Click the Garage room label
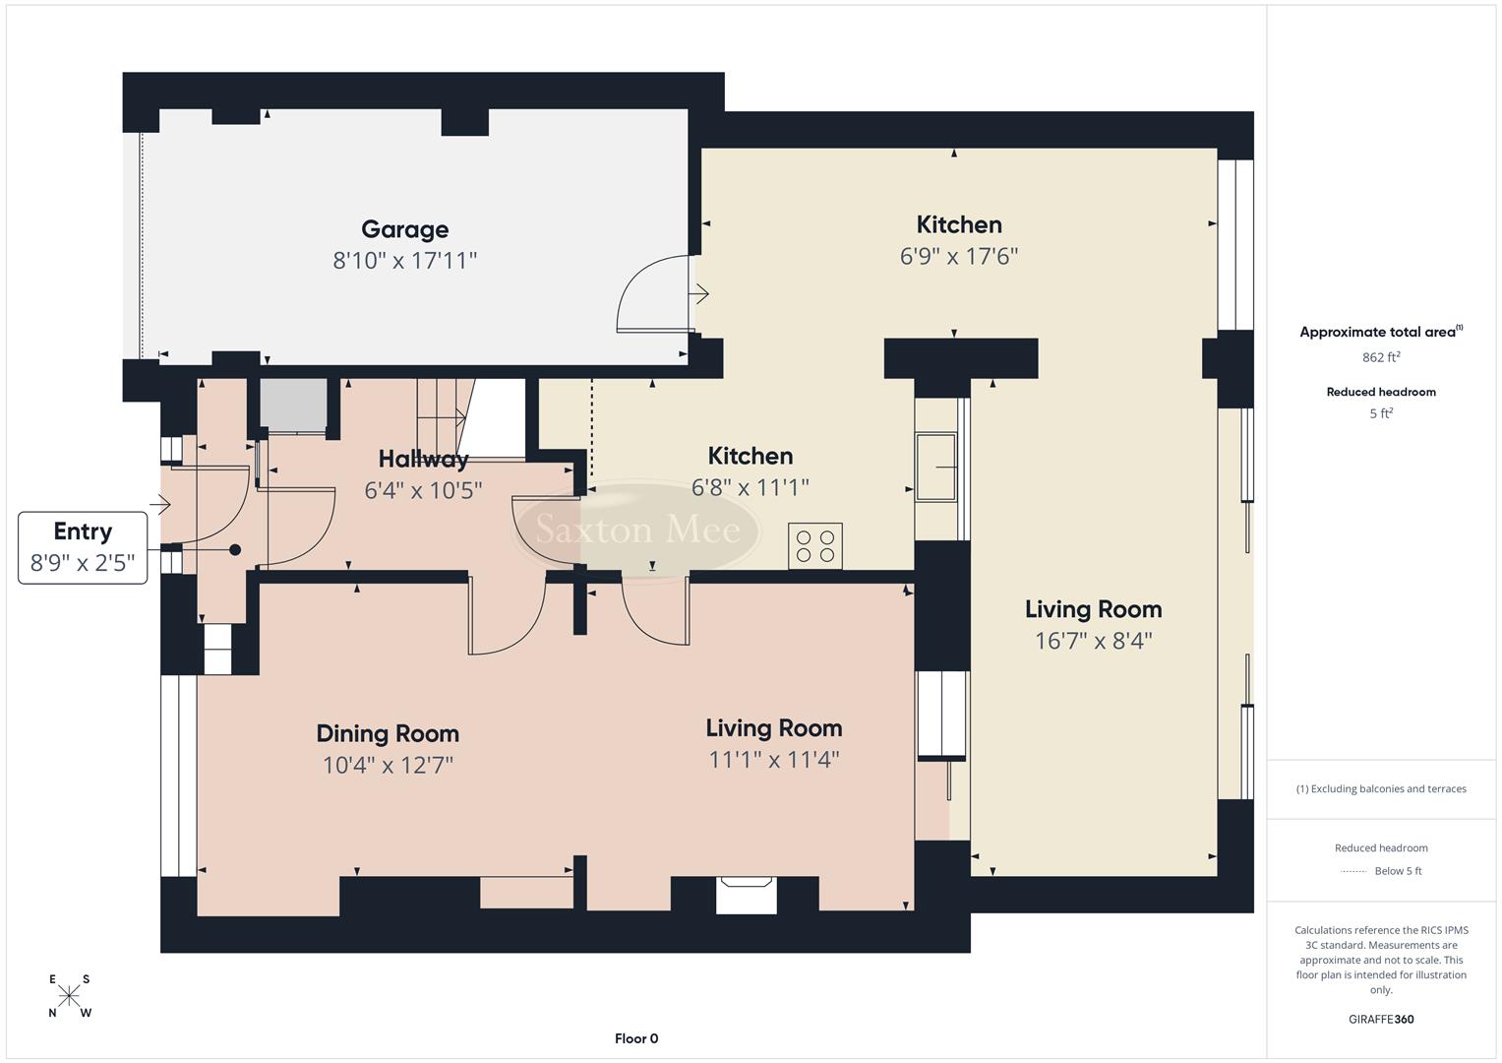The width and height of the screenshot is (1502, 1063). (404, 229)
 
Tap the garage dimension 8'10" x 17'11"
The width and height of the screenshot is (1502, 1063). (404, 261)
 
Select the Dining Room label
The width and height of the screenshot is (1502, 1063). (388, 733)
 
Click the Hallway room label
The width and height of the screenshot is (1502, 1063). (423, 459)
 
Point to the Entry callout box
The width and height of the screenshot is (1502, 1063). (83, 547)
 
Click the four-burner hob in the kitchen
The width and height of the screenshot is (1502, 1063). (815, 546)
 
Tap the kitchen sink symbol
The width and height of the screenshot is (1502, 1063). (936, 468)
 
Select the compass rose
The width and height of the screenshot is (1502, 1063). (69, 996)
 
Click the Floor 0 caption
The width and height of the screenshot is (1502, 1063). (636, 1038)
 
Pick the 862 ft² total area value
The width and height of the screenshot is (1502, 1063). (1380, 357)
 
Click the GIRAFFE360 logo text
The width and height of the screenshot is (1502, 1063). (1381, 1019)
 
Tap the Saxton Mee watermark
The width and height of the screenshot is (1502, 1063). (637, 531)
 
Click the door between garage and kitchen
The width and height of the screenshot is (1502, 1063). (653, 295)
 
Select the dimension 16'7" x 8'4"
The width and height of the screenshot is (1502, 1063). (1093, 641)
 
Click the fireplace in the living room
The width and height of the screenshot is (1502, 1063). (746, 895)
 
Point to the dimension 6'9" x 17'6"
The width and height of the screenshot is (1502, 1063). (958, 257)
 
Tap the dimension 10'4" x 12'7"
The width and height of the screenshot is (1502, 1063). (388, 765)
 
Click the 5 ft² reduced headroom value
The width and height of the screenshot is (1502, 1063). (1380, 413)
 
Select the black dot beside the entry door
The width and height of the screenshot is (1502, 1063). (235, 550)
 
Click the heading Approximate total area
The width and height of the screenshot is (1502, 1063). (1380, 332)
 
